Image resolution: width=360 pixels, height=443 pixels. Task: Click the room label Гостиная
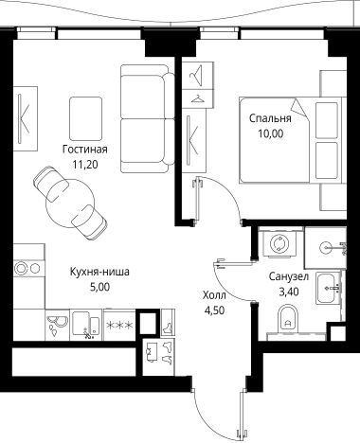coord(84,149)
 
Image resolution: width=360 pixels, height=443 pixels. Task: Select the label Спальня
coord(270,119)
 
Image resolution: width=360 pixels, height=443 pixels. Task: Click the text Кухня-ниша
coord(100,270)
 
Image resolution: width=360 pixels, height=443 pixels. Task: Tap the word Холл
coord(216,294)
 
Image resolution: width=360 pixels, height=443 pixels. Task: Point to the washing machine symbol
coord(281,245)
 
